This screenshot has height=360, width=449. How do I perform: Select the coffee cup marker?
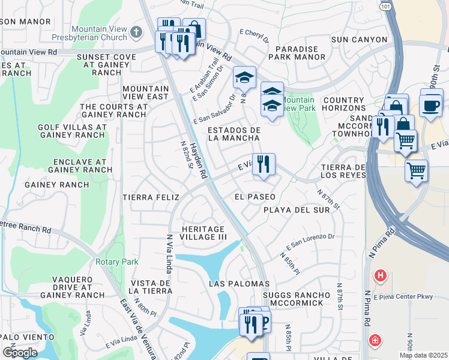[431, 105]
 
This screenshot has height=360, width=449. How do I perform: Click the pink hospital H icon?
[379, 277]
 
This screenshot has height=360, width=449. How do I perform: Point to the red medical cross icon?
[375, 341]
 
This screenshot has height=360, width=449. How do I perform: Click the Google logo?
[20, 352]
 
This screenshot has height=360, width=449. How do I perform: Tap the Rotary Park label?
[116, 262]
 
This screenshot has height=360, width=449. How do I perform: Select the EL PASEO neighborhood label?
[255, 197]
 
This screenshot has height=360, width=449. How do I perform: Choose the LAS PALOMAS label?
[239, 283]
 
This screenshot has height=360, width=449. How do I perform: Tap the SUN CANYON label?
[360, 40]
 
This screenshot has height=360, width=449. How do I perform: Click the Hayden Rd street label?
[199, 160]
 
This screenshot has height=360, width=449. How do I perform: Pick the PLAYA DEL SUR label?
[297, 210]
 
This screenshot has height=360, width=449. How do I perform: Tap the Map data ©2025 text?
[423, 355]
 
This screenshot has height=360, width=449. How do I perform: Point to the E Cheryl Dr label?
[255, 37]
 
